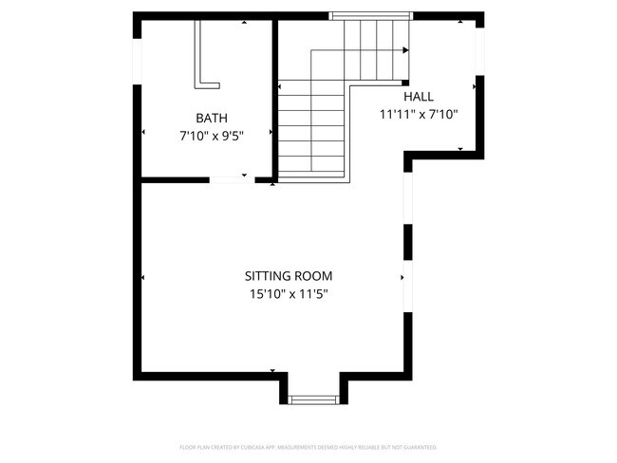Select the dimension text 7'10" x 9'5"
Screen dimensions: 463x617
(212, 135)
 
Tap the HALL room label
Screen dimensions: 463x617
(418, 97)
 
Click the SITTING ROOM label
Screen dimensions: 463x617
(289, 276)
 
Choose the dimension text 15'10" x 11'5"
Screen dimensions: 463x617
(289, 294)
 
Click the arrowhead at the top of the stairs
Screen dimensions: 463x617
(405, 50)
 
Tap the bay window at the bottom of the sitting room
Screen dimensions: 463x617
(312, 399)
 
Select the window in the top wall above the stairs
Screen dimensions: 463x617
(370, 16)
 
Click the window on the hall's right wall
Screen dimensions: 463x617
(479, 56)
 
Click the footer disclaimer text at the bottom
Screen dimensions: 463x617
(308, 447)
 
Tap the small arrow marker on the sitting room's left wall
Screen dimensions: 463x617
(143, 277)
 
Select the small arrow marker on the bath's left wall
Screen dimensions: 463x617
(143, 132)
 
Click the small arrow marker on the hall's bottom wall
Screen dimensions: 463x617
(460, 149)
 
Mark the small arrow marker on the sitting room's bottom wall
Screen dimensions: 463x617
(273, 371)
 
